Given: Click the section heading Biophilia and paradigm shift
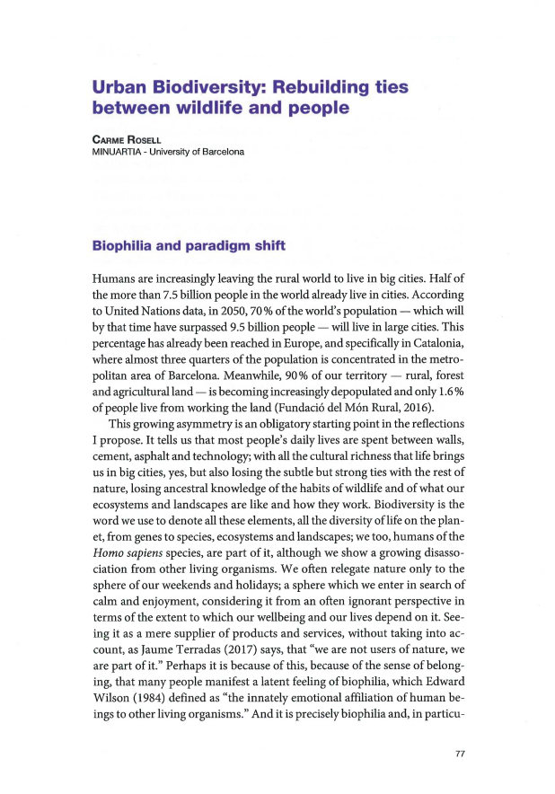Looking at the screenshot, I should (189, 246).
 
